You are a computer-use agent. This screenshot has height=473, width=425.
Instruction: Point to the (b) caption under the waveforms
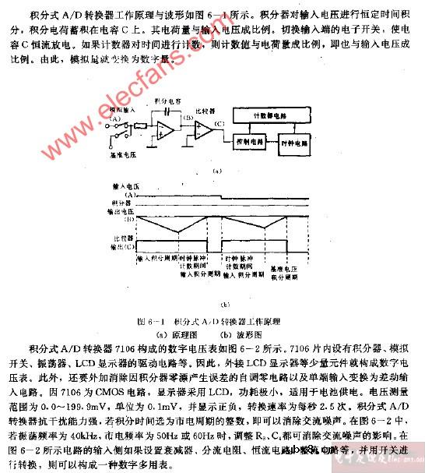point(225,305)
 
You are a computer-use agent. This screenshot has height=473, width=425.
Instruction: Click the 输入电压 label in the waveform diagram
point(125,187)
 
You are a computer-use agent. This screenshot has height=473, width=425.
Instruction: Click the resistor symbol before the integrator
point(140,125)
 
